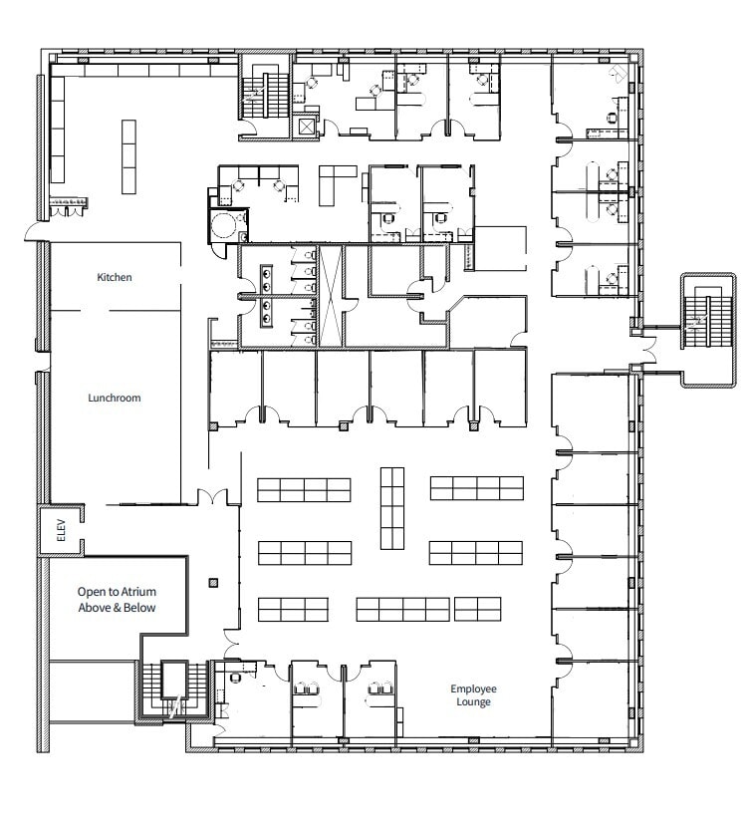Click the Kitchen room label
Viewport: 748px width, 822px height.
(x=114, y=277)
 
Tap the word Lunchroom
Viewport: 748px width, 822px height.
(x=114, y=398)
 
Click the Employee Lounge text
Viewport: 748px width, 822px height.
(x=473, y=695)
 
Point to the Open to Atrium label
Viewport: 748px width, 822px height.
(x=117, y=599)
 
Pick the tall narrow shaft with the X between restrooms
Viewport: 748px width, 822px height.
(x=331, y=296)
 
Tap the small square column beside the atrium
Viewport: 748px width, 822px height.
(x=211, y=582)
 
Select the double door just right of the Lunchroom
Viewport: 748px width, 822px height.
(x=212, y=495)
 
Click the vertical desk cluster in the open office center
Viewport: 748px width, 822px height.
(x=391, y=508)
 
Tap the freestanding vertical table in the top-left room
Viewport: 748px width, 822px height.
(x=128, y=156)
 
